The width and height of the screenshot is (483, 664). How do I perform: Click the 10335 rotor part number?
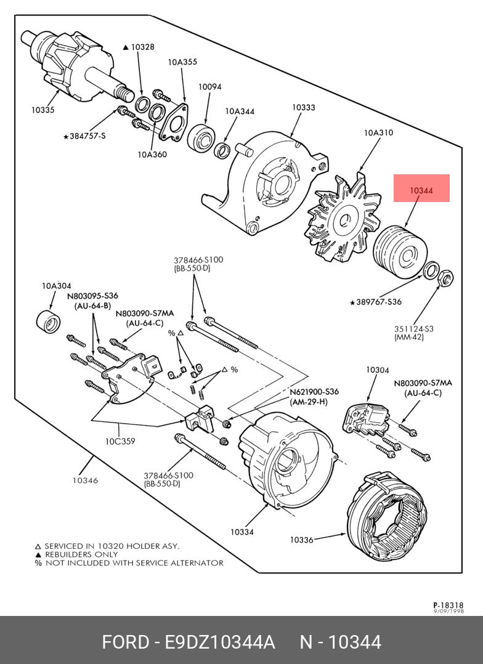click(43, 110)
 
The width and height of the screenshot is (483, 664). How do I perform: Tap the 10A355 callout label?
click(182, 62)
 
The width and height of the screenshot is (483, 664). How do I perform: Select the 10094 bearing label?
click(209, 87)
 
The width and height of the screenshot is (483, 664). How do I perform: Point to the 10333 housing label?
click(303, 107)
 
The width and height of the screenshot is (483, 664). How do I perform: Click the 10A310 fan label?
click(378, 132)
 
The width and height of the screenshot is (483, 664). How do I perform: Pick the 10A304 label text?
click(56, 285)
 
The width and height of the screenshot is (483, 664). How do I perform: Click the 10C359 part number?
click(120, 441)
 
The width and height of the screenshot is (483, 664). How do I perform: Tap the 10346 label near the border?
click(85, 480)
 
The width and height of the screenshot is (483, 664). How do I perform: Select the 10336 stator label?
click(302, 540)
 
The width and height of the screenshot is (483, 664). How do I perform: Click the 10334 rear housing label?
click(242, 532)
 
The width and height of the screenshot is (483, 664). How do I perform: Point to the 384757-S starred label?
click(85, 136)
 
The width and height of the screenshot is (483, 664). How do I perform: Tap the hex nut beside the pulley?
click(446, 279)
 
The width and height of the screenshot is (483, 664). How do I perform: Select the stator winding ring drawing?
click(387, 519)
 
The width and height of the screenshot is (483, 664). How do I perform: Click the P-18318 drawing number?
click(448, 605)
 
